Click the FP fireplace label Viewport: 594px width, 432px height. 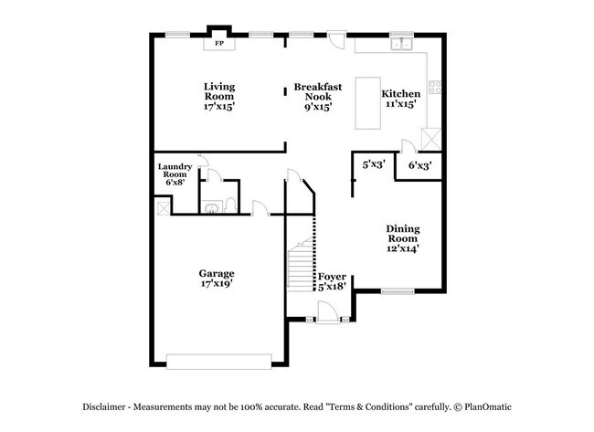(219, 43)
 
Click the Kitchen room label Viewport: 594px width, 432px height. (400, 93)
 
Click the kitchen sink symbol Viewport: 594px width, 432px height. (400, 43)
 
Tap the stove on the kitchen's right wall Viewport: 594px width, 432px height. (436, 90)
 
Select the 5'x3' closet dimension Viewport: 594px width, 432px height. (373, 165)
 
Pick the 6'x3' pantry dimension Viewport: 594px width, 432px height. (419, 165)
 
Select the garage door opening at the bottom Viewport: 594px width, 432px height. (218, 362)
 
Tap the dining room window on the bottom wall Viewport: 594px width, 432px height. (397, 292)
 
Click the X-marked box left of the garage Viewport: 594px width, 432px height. (163, 208)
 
